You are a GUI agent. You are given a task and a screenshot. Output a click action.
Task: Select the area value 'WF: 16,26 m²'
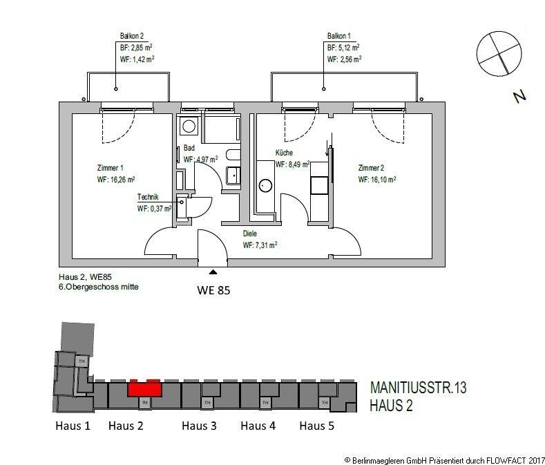pyautogui.click(x=115, y=180)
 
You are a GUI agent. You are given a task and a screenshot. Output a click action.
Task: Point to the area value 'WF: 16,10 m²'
pyautogui.click(x=377, y=180)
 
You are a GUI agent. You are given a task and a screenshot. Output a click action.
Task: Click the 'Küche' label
pyautogui.click(x=285, y=153)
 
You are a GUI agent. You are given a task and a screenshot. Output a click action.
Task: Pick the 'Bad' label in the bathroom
pyautogui.click(x=189, y=147)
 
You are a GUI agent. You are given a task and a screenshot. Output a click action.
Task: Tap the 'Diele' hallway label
pyautogui.click(x=250, y=234)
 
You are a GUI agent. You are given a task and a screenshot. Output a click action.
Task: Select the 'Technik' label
pyautogui.click(x=148, y=197)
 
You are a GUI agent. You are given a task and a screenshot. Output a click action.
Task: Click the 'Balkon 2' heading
pyautogui.click(x=131, y=36)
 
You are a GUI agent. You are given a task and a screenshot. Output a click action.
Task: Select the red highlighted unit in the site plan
pyautogui.click(x=144, y=388)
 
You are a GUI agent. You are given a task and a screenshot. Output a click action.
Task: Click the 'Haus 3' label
pyautogui.click(x=199, y=426)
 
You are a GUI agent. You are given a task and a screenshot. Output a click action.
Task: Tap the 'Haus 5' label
pyautogui.click(x=316, y=426)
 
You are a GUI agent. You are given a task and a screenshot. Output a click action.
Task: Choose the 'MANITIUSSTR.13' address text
pyautogui.click(x=418, y=388)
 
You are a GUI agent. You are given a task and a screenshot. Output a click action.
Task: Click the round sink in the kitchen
pyautogui.click(x=265, y=185)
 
